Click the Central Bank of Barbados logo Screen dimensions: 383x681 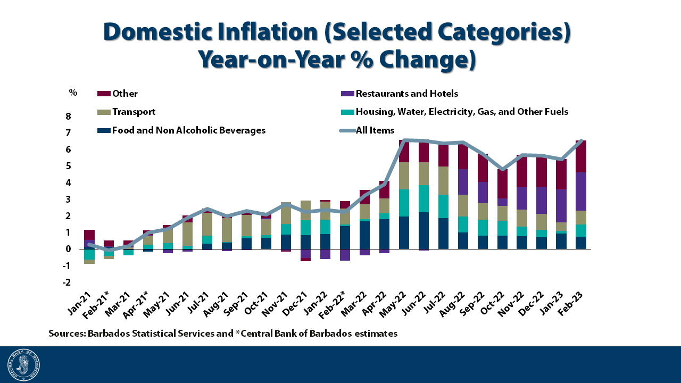(23, 365)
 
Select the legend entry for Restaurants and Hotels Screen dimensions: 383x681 (406, 94)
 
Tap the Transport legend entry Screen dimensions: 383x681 (134, 112)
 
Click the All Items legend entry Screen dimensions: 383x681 (375, 130)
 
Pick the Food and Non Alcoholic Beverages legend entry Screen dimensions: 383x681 (188, 130)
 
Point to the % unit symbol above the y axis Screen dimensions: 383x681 (73, 93)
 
